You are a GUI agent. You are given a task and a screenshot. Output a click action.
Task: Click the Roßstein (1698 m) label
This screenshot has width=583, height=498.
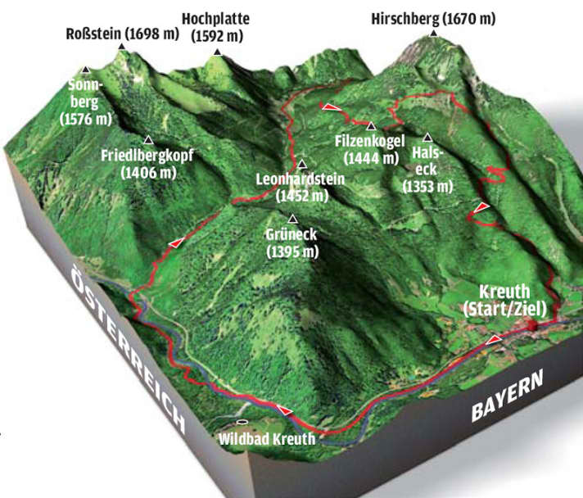click(x=124, y=34)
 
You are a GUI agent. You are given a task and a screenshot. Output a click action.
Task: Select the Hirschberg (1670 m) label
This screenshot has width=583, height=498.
click(x=432, y=19)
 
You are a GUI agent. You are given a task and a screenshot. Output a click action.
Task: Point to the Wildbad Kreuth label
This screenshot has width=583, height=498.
click(x=267, y=438)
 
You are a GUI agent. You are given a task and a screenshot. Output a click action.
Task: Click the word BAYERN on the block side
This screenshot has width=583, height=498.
click(x=507, y=397)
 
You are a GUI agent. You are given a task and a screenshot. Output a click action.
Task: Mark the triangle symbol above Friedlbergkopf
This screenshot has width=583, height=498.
click(x=148, y=139)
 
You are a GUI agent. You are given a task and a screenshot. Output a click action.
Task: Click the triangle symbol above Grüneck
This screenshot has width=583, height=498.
click(x=291, y=219)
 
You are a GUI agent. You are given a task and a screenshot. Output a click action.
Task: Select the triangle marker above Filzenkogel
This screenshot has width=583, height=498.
click(x=371, y=126)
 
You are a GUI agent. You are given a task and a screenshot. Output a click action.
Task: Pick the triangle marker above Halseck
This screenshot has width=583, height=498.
click(x=427, y=137)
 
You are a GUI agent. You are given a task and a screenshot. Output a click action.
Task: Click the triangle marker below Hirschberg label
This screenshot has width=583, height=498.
click(x=432, y=34)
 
